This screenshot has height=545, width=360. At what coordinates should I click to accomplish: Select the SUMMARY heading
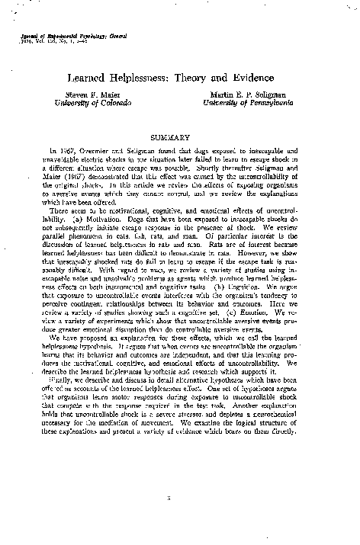(x=180, y=137)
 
